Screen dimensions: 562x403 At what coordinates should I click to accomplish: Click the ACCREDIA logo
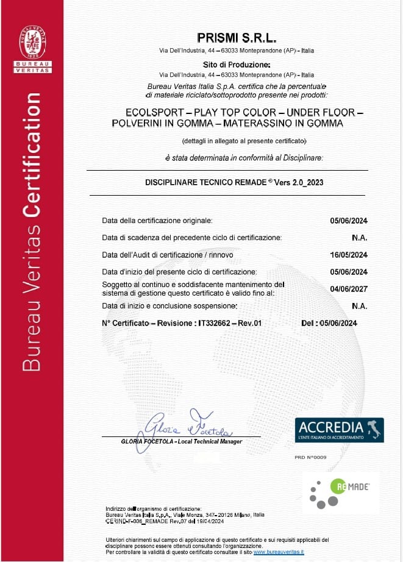pos(339,430)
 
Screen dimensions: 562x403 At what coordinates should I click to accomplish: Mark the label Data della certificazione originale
pos(157,221)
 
